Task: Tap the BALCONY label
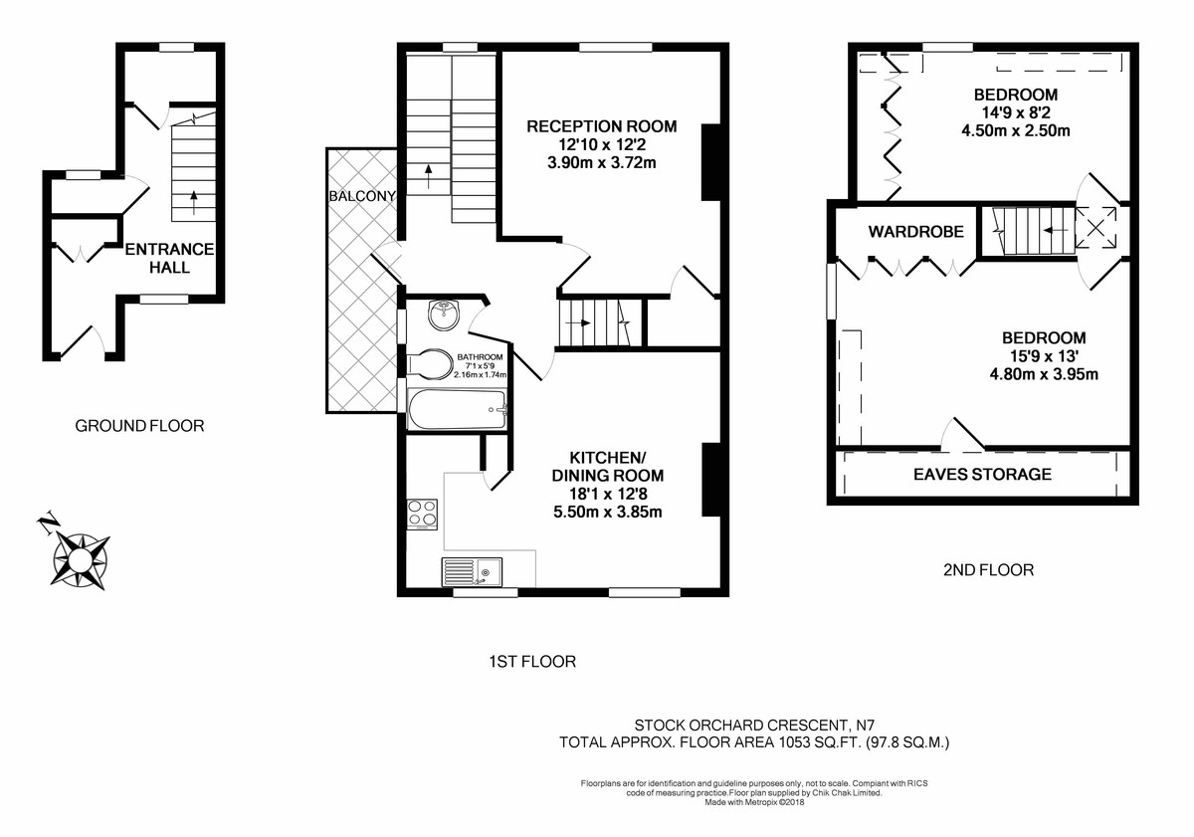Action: pos(362,196)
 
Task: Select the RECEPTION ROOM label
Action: pos(601,126)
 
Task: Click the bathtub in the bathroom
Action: pos(458,409)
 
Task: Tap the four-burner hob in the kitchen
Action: pos(423,513)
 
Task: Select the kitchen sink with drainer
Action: pos(473,574)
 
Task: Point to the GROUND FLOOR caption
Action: pos(139,426)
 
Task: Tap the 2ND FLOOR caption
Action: pos(987,570)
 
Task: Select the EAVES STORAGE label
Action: pos(982,474)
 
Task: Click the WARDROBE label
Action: pos(915,232)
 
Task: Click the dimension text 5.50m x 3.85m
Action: pos(607,513)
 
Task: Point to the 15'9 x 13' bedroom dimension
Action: pos(1044,356)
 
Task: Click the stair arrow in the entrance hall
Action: pos(193,200)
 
